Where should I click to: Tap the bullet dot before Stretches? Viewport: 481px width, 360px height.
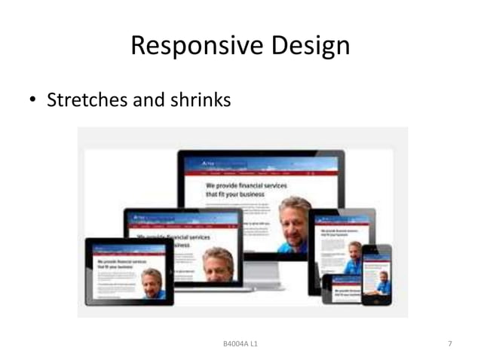click(x=34, y=100)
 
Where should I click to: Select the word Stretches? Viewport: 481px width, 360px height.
click(x=87, y=99)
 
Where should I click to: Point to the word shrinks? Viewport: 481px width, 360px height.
click(x=200, y=99)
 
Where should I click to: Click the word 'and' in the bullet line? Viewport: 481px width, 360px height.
click(x=149, y=99)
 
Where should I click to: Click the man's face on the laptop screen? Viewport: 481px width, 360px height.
click(x=218, y=261)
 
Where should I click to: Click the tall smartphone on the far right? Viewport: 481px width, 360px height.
click(x=375, y=274)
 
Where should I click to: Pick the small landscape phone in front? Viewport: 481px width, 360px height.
click(x=336, y=288)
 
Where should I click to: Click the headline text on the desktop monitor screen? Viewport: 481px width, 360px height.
click(x=234, y=188)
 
